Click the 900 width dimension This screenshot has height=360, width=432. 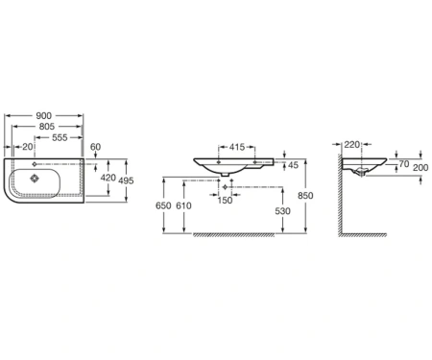pos(43,115)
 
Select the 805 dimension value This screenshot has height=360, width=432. pos(47,127)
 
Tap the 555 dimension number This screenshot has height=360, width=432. pos(60,137)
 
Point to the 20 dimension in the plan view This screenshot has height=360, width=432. pos(28,147)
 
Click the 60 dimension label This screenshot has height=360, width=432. pos(95,147)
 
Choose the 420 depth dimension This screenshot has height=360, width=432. pos(108,178)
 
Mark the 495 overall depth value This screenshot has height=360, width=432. pos(126,180)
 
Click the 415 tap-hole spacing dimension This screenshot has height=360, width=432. pos(237,147)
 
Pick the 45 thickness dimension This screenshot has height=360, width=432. pos(293,165)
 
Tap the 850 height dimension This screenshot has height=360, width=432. pos(305,196)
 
